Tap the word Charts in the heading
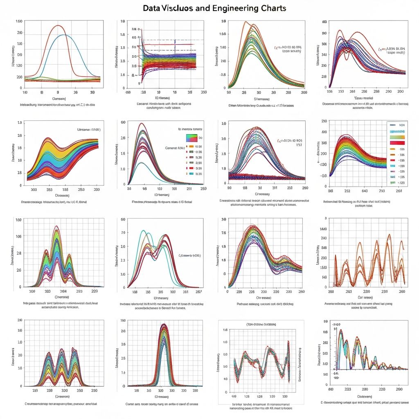[x=274, y=8]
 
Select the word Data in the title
[x=152, y=8]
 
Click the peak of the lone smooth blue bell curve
[x=63, y=35]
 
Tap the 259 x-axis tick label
[x=203, y=189]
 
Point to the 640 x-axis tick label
[x=365, y=190]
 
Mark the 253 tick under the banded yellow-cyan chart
[x=81, y=189]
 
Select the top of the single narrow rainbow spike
[x=164, y=324]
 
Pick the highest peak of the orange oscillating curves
[x=390, y=234]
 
